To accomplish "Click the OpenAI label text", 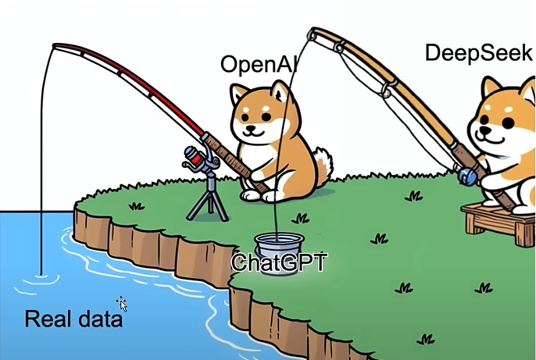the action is [x=259, y=64].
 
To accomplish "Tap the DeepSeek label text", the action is [x=478, y=53].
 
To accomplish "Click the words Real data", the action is [x=73, y=319].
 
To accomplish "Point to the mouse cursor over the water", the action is [x=122, y=304].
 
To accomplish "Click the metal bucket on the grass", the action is [x=279, y=253].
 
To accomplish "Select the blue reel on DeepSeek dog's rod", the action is [x=467, y=176].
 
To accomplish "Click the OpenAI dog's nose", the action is [x=252, y=128].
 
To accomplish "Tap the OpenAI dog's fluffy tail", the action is [x=324, y=164].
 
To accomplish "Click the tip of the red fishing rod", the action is [x=55, y=46].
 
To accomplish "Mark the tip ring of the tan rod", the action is [x=312, y=35].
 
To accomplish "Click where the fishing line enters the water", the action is [x=41, y=274].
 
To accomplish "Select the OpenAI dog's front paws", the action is [x=263, y=195].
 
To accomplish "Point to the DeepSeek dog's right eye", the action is [x=509, y=123].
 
